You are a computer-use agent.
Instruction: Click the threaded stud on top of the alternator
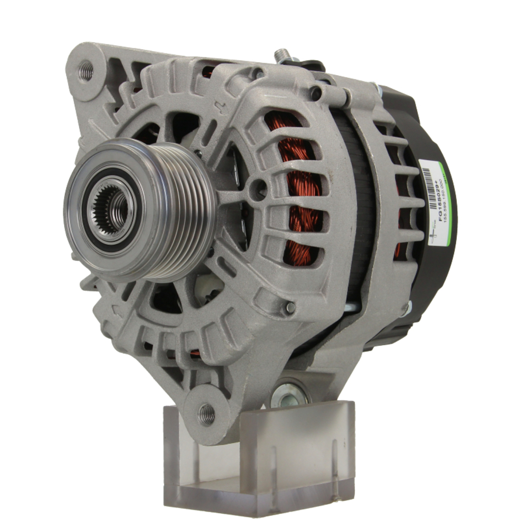282,55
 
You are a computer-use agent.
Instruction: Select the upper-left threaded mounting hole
86,71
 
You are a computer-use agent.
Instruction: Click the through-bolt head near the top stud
315,93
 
